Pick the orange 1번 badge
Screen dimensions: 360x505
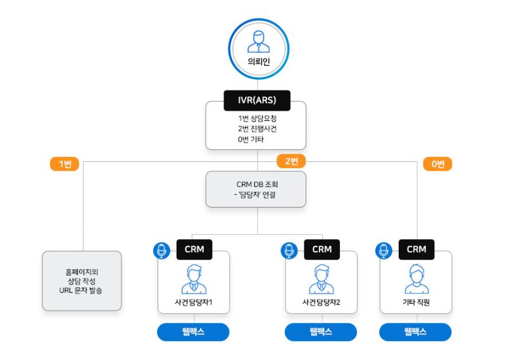coord(65,163)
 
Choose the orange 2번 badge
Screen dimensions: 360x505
coord(291,161)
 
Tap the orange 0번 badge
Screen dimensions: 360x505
coord(438,163)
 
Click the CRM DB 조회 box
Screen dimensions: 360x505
coord(256,189)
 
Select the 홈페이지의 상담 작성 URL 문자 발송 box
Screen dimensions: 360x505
coord(82,280)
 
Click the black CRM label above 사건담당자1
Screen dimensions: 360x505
coord(194,249)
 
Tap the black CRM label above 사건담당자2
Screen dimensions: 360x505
coord(321,249)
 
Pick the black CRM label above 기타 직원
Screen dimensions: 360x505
coord(416,249)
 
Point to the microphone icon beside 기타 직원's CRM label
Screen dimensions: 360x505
coord(384,250)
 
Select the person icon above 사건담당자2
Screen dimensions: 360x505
coord(321,279)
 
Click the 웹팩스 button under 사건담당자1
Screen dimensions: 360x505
coord(194,332)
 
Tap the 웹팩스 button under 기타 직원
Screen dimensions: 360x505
coord(415,332)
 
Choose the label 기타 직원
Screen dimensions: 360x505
coord(416,302)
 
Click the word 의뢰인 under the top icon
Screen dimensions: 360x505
coord(258,62)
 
